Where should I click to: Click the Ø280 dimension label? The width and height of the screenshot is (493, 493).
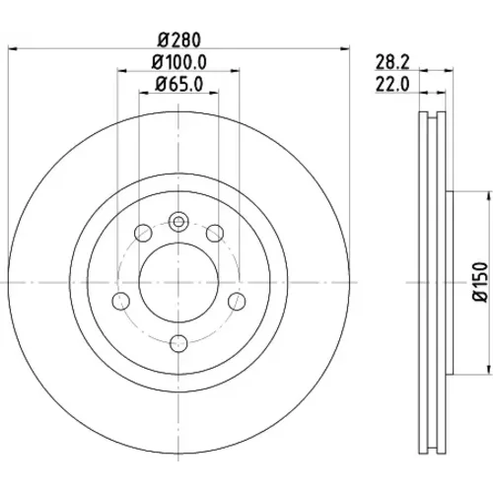pyautogui.click(x=178, y=40)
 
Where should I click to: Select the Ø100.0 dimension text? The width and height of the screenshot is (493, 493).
pyautogui.click(x=178, y=62)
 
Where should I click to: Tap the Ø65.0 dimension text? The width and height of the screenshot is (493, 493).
pyautogui.click(x=178, y=85)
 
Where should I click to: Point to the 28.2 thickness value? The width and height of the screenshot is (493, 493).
pyautogui.click(x=392, y=62)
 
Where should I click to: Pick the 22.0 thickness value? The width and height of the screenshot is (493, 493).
pyautogui.click(x=392, y=85)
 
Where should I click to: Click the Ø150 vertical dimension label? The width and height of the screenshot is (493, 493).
pyautogui.click(x=480, y=282)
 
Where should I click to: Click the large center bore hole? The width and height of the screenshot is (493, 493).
pyautogui.click(x=178, y=282)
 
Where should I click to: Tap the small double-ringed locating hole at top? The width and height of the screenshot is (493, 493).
pyautogui.click(x=178, y=222)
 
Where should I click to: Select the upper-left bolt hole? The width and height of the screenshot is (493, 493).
pyautogui.click(x=143, y=233)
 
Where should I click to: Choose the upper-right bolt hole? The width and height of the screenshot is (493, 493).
pyautogui.click(x=215, y=233)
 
